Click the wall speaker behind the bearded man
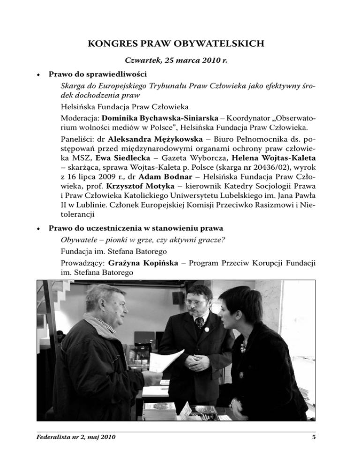[x=178, y=297]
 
